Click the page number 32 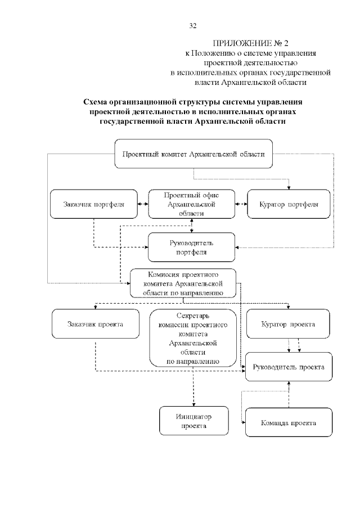(x=193, y=26)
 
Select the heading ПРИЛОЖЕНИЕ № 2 (x=250, y=43)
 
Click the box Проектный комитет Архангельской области (x=193, y=154)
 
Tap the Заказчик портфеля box (x=94, y=204)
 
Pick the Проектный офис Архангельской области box (x=191, y=204)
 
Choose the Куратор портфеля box (x=289, y=204)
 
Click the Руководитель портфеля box (x=191, y=247)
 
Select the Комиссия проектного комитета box (x=183, y=283)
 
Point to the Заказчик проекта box (x=96, y=324)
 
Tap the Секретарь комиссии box (x=193, y=338)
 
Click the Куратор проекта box (x=288, y=324)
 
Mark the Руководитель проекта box (x=289, y=367)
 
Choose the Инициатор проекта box (x=194, y=421)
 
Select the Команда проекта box (x=289, y=422)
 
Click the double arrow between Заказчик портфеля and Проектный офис (x=143, y=204)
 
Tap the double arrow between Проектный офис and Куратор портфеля (x=241, y=204)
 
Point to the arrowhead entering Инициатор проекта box (x=194, y=404)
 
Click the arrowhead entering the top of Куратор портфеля (x=289, y=188)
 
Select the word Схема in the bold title (x=95, y=102)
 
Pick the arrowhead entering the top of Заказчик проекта (x=96, y=307)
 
